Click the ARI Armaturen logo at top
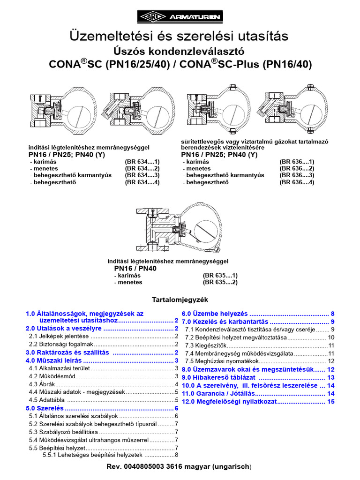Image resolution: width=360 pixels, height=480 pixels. [180, 17]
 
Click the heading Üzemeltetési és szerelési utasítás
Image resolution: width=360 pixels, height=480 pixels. [180, 36]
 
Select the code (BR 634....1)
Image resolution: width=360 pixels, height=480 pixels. [142, 161]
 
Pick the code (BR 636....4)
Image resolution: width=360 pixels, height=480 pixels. [297, 182]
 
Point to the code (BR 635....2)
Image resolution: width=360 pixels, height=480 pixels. [220, 283]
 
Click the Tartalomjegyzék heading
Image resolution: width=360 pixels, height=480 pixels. [180, 299]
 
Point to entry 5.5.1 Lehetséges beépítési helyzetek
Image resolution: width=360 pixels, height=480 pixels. [92, 455]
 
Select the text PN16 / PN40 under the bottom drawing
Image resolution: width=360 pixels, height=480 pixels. [135, 269]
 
